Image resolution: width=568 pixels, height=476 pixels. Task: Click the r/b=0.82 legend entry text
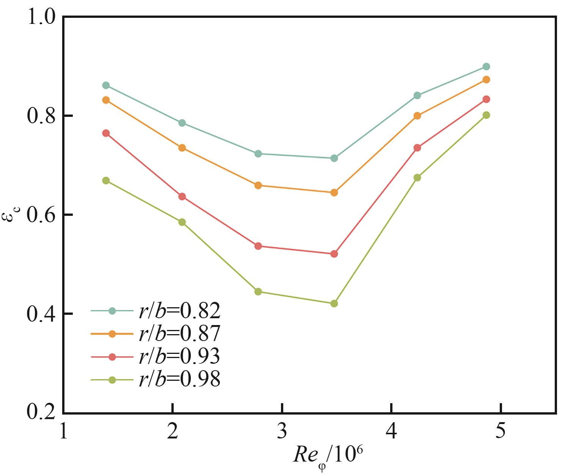coord(179,311)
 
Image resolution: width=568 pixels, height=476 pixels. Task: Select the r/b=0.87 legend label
coord(179,334)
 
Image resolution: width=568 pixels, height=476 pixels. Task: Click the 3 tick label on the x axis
coord(282,431)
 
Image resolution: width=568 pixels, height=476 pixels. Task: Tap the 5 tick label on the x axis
coord(501,431)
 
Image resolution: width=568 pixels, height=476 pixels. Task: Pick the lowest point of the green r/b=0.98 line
coord(334,303)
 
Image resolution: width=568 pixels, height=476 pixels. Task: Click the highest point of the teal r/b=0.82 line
coord(486,67)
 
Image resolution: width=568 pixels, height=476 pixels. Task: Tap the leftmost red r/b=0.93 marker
coord(106,133)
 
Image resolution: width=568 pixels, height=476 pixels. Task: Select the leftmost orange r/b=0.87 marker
coord(106,100)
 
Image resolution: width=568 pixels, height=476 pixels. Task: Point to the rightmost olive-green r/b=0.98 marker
coord(486,115)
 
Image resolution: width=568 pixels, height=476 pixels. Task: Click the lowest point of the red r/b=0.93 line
coord(334,254)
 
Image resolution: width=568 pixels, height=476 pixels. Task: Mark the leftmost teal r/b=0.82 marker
coord(106,85)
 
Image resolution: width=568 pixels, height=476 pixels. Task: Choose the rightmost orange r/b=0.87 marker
coord(486,80)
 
